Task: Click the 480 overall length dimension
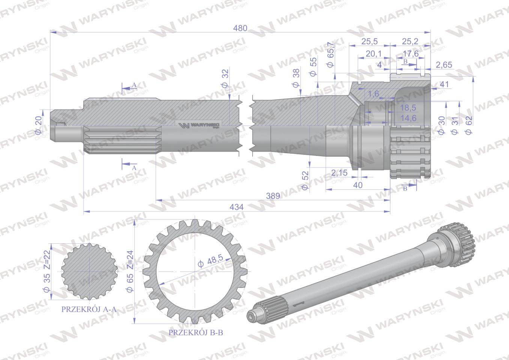(240, 28)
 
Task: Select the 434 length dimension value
(237, 207)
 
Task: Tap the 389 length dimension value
(273, 196)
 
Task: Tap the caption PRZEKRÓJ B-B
(196, 332)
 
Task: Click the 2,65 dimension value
(444, 65)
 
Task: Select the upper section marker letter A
(134, 85)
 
